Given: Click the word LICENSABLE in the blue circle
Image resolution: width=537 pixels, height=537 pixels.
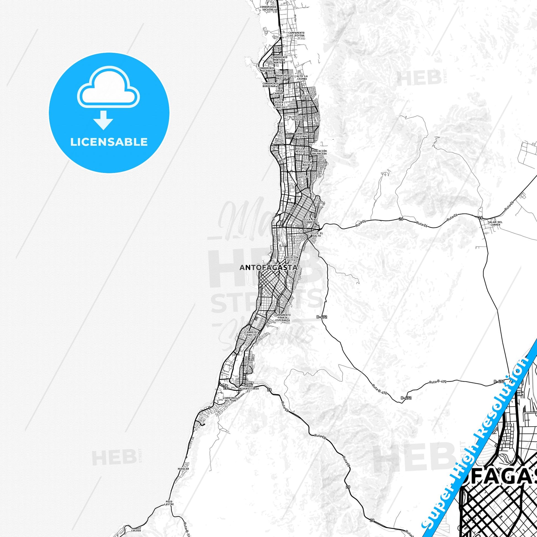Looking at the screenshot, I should [109, 142].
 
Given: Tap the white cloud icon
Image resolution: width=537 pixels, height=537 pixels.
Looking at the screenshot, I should [109, 88].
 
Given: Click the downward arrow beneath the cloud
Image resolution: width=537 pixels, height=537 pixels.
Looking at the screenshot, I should [103, 120].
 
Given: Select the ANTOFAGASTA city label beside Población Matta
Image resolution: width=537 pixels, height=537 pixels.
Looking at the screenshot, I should [268, 268].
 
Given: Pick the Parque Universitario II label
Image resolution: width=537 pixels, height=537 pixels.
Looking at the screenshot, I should [251, 388].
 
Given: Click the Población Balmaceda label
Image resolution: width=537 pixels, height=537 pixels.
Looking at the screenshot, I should [319, 152].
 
